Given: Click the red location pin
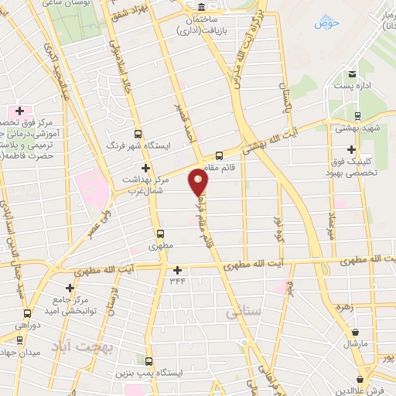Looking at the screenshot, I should coord(199,182).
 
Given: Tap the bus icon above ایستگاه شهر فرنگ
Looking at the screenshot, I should coord(138,132).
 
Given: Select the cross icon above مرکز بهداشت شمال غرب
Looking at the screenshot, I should coord(145,168).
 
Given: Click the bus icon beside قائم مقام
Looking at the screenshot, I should coord(219,155).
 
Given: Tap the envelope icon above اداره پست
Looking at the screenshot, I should coord(353,74).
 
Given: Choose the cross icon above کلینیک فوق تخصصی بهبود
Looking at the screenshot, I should coord(352,148).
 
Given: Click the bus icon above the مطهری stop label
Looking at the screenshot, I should coord(161,234).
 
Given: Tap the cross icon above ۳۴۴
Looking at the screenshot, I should coord(179,270).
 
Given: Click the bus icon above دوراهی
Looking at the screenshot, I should coord(28,314).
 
